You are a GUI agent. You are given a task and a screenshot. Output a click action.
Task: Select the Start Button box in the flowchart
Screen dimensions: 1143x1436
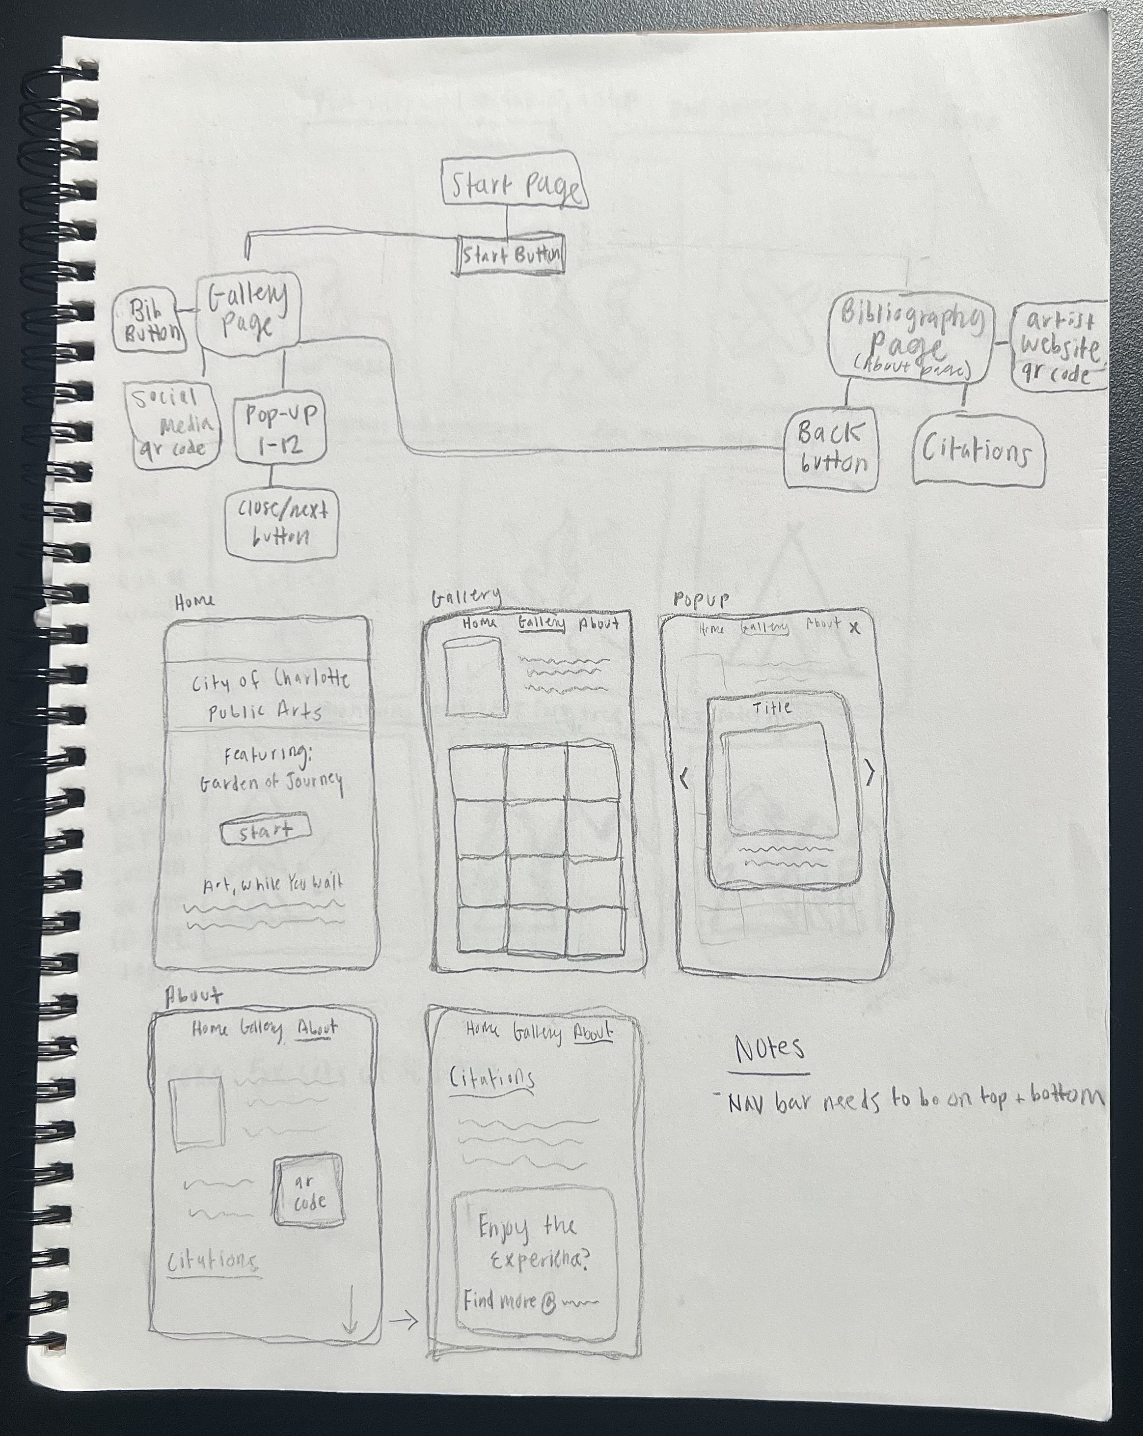tap(511, 254)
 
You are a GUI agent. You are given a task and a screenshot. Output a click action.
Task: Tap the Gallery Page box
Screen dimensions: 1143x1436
tap(248, 311)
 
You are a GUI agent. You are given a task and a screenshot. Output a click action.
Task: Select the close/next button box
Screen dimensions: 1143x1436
tap(281, 524)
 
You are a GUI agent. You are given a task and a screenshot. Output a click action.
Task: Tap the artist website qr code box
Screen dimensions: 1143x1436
tap(1059, 348)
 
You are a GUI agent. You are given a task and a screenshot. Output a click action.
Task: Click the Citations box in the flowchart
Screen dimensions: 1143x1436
tap(977, 451)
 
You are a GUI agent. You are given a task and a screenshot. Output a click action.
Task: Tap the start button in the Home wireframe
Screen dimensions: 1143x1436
tap(265, 829)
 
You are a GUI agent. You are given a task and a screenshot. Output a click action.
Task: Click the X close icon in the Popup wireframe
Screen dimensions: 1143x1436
tap(855, 627)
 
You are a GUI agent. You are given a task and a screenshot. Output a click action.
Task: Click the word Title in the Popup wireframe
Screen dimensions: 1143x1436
tap(772, 707)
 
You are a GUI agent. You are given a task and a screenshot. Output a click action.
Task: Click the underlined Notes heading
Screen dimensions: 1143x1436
tap(769, 1050)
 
